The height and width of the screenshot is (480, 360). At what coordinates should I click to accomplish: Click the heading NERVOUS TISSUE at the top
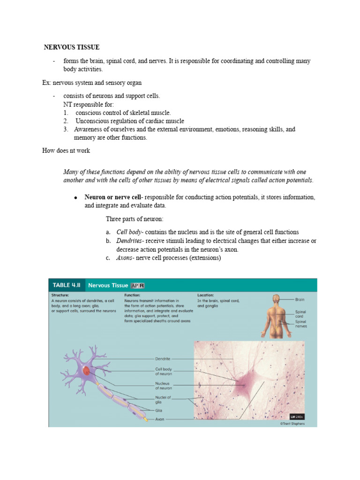[72, 47]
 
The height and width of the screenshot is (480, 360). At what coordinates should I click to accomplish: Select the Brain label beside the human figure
[300, 299]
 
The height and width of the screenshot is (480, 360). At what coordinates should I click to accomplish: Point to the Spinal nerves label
[301, 324]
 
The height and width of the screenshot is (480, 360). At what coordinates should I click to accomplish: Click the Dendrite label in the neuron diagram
[163, 359]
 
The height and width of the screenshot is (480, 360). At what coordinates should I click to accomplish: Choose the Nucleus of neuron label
[164, 386]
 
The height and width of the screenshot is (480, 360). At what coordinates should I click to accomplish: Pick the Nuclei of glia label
[164, 399]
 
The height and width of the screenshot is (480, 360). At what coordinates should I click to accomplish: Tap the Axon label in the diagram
[160, 419]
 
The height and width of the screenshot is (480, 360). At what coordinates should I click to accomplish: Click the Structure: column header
[61, 295]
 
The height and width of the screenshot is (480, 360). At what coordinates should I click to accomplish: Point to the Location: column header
[206, 295]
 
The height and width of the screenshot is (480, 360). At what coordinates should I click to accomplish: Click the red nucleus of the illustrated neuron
[86, 371]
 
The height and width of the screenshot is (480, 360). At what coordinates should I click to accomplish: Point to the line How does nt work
[66, 150]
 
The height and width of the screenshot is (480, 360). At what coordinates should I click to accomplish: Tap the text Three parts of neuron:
[135, 219]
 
